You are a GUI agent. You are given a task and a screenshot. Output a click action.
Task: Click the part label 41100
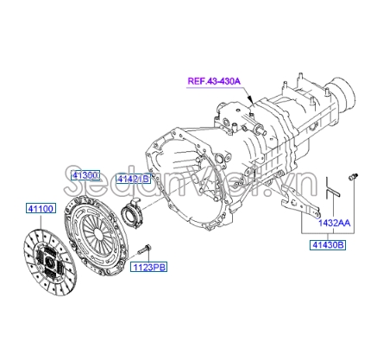41,208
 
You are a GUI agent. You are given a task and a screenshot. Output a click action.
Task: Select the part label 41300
85,175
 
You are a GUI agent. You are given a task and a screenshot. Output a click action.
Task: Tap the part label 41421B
133,179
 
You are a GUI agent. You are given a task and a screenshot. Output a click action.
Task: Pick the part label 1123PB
149,267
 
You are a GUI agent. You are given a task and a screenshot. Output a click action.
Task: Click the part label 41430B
328,245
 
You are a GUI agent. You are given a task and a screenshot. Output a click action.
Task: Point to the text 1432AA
334,223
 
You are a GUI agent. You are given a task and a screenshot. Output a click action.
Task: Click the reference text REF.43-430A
214,81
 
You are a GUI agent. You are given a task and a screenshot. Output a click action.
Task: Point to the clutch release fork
299,202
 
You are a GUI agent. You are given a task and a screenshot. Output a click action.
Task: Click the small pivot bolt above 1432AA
353,177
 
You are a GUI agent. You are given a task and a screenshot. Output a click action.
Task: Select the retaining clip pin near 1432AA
331,188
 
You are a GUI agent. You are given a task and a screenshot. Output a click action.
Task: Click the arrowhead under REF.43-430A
251,101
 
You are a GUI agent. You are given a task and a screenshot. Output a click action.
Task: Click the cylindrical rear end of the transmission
342,93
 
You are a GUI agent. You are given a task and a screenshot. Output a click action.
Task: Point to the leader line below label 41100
41,222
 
